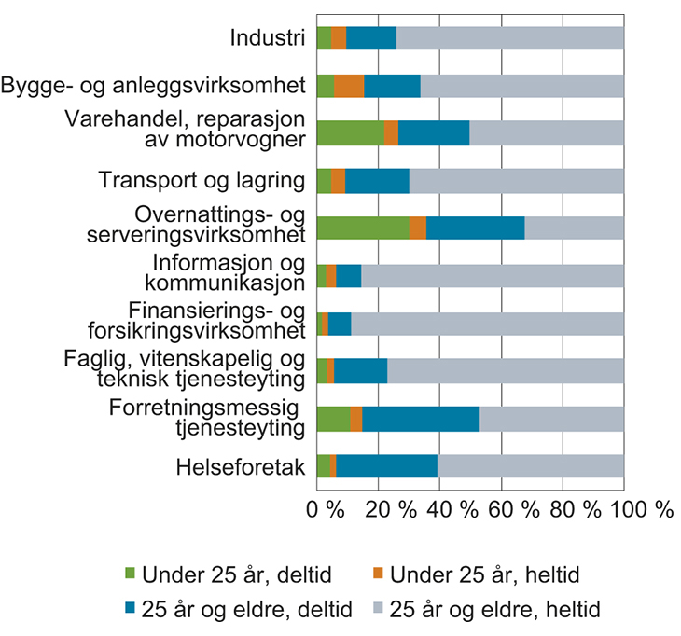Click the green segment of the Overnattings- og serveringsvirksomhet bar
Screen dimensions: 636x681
pos(363,228)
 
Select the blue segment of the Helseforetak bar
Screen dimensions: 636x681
pos(386,465)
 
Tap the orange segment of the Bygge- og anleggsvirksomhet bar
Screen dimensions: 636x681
pos(349,86)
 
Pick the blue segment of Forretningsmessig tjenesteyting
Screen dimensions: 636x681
pos(421,419)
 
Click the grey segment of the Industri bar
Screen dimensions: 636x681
pos(509,38)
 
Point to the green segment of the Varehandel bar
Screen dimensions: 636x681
pos(350,133)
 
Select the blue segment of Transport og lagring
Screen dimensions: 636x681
pos(377,181)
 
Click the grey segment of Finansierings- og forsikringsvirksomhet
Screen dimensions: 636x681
pos(487,324)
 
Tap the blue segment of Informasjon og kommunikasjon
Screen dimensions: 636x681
pos(348,276)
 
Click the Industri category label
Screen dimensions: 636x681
pos(269,38)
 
